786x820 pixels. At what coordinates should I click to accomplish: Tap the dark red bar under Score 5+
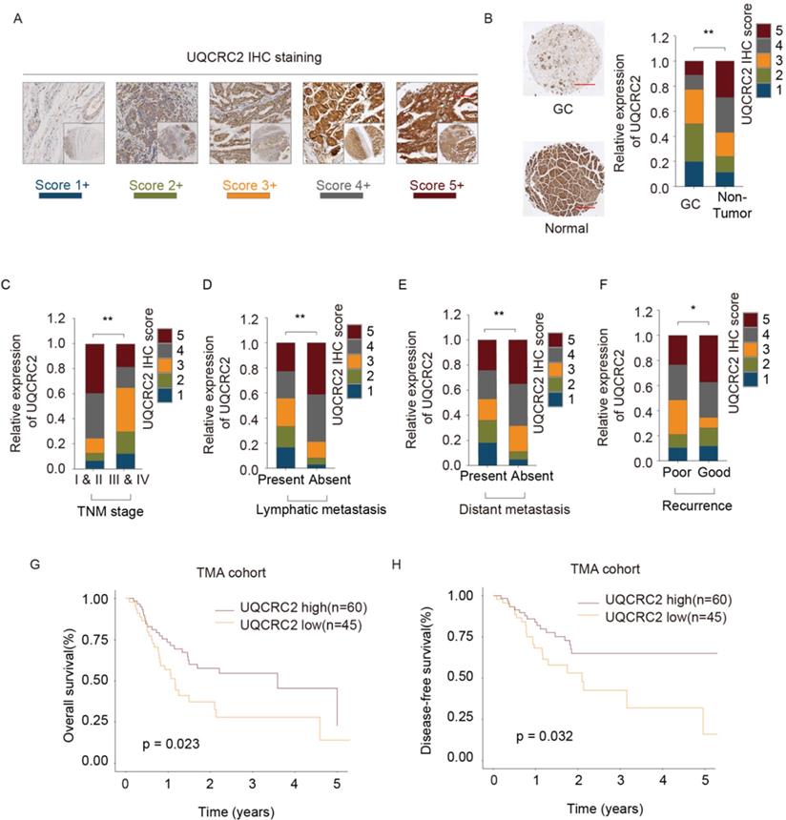427,196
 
